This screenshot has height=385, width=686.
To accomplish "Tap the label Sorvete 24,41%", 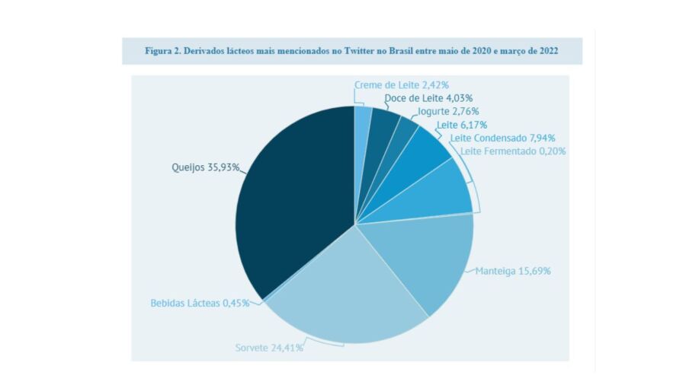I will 268,348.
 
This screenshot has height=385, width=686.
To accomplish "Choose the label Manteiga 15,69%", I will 513,271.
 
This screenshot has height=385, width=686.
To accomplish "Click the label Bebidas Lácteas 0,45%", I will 199,303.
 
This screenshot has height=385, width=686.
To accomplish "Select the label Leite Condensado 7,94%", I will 502,138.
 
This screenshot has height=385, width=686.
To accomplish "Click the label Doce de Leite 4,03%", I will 428,98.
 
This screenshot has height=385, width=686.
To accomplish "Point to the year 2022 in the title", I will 547,50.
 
